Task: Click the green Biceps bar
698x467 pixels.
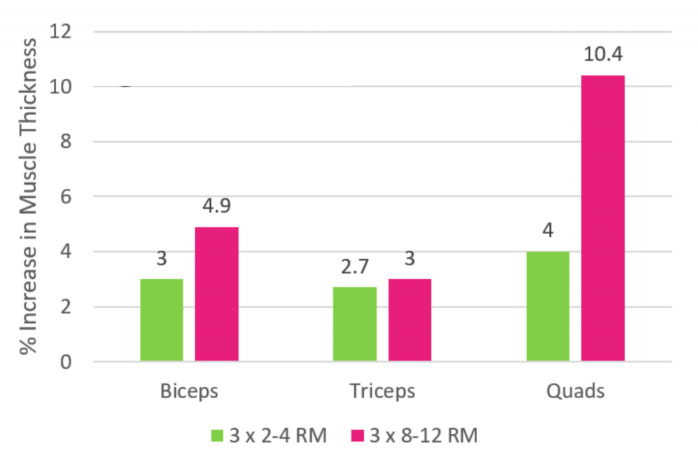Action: click(162, 320)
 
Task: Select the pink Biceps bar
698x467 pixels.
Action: click(217, 294)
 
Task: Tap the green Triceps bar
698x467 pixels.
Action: click(354, 324)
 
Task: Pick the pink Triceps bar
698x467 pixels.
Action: click(410, 320)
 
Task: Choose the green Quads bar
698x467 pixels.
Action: click(548, 306)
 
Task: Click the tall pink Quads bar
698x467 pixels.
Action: click(603, 218)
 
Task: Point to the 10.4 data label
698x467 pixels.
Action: click(603, 54)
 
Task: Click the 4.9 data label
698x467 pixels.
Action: click(217, 206)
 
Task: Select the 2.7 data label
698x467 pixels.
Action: click(354, 266)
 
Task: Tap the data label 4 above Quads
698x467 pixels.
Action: click(548, 230)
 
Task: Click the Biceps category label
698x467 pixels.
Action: click(189, 392)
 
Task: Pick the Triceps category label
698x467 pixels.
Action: click(382, 392)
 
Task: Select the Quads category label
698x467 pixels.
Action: click(575, 392)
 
